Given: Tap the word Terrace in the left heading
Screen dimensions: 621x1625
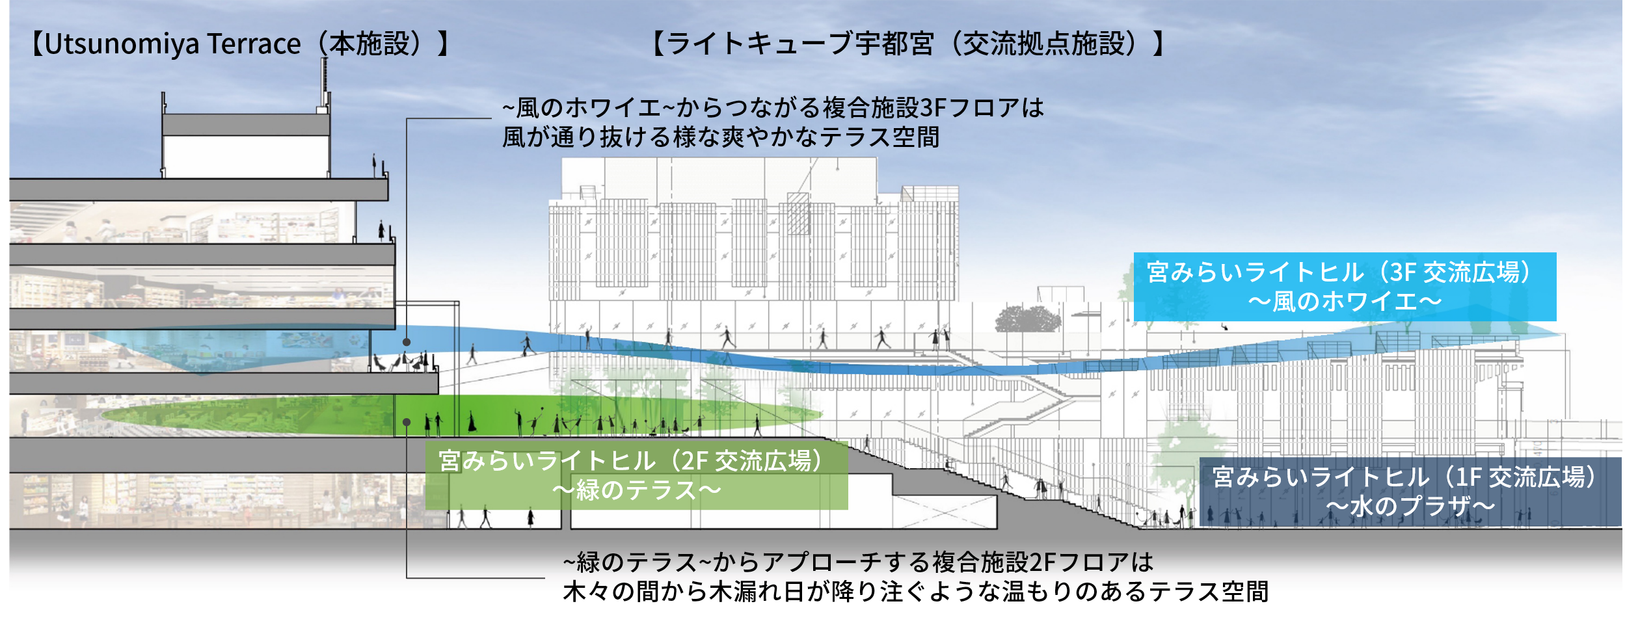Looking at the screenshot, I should click(x=254, y=44).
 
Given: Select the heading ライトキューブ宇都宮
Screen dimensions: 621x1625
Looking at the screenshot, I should click(x=801, y=44).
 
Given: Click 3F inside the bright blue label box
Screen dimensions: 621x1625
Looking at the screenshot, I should click(x=1403, y=272).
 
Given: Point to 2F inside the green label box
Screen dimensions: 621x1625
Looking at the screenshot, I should click(x=695, y=461).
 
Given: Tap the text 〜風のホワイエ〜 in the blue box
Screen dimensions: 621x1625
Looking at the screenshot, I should click(x=1345, y=302).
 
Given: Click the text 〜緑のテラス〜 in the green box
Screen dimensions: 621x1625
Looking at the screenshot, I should click(x=636, y=490).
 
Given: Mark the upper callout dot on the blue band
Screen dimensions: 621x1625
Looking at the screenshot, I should click(x=407, y=342).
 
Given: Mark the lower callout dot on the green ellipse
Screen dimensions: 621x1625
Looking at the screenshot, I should click(x=407, y=423).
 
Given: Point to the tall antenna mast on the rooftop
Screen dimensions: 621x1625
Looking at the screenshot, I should click(x=324, y=85).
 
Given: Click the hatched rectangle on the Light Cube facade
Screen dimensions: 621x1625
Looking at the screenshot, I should click(x=798, y=213).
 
